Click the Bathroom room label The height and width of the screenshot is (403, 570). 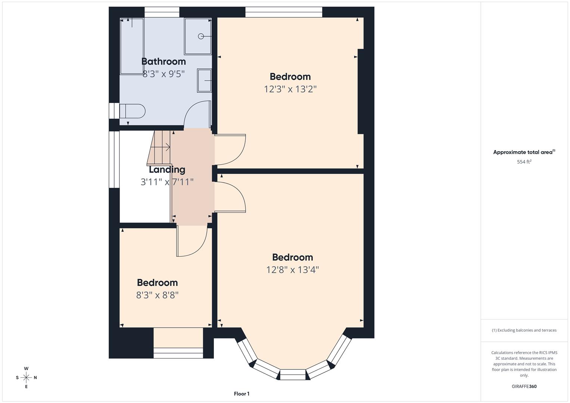click(x=163, y=62)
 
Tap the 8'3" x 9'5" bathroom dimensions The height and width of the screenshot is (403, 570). click(x=163, y=74)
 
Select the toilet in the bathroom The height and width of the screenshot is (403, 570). click(x=132, y=111)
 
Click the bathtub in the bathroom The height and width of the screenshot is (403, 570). click(x=132, y=46)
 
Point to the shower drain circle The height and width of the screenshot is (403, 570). click(x=201, y=36)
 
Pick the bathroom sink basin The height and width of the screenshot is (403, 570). click(x=204, y=80)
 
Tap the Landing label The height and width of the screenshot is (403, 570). click(x=167, y=169)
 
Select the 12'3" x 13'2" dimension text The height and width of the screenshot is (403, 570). click(x=290, y=89)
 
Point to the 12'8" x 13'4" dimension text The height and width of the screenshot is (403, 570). click(x=292, y=270)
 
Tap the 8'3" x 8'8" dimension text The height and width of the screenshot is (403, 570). click(x=157, y=295)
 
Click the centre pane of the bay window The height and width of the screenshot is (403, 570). click(x=293, y=374)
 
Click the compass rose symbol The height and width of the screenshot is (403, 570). click(x=26, y=378)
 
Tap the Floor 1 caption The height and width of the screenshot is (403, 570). click(x=242, y=394)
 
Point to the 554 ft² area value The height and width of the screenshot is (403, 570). click(x=524, y=162)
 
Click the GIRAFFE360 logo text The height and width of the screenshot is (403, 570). click(x=524, y=386)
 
